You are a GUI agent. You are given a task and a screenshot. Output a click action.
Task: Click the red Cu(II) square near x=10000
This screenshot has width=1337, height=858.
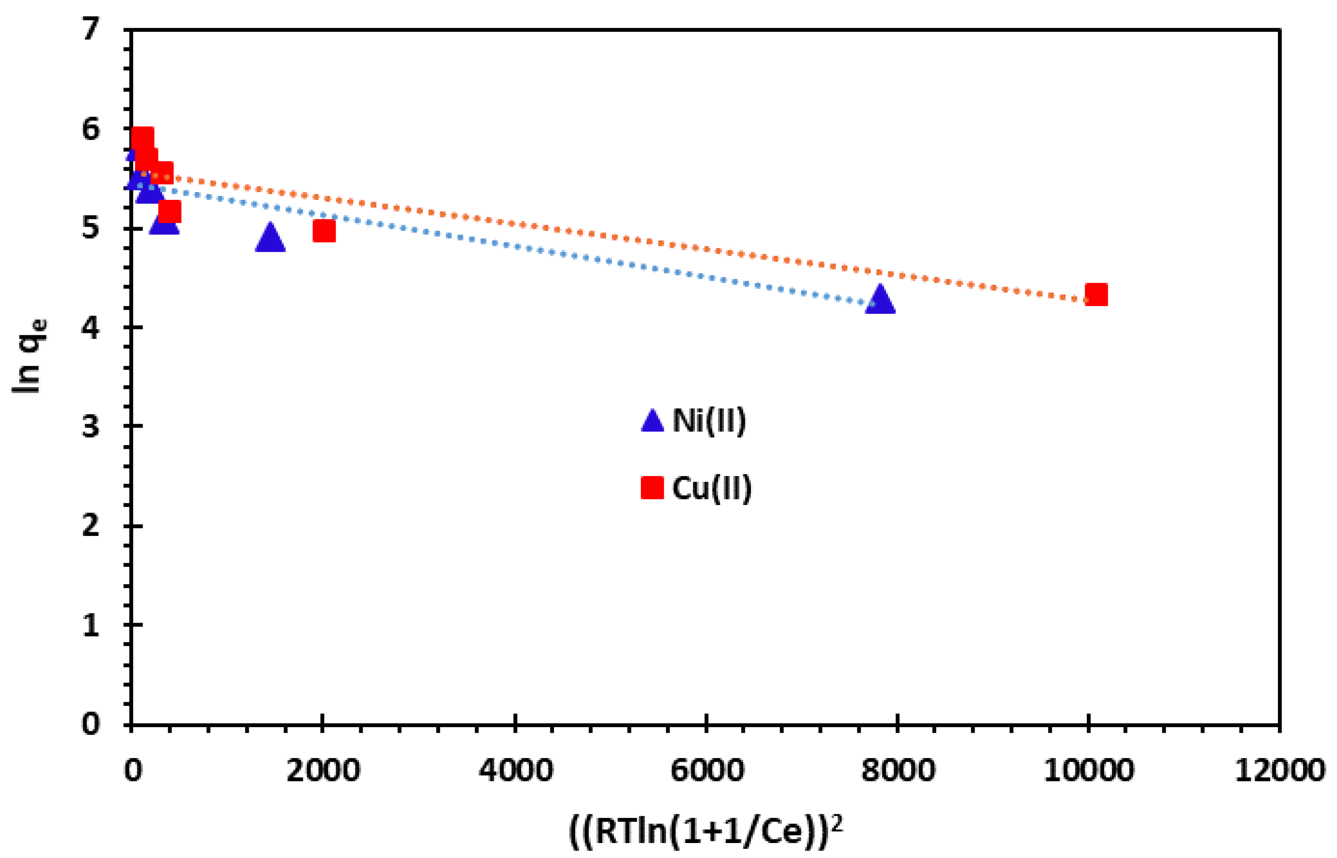[x=1096, y=294]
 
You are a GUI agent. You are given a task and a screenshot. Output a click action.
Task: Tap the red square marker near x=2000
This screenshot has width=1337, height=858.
[x=324, y=230]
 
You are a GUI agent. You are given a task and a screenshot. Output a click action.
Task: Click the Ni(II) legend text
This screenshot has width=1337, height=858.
[x=708, y=421]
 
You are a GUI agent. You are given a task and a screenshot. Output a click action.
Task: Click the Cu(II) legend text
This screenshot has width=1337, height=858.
[x=712, y=488]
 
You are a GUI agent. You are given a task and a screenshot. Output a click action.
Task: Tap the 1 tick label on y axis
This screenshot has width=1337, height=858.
[x=90, y=625]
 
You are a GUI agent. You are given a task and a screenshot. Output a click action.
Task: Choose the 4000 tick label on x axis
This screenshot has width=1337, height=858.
[x=516, y=770]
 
